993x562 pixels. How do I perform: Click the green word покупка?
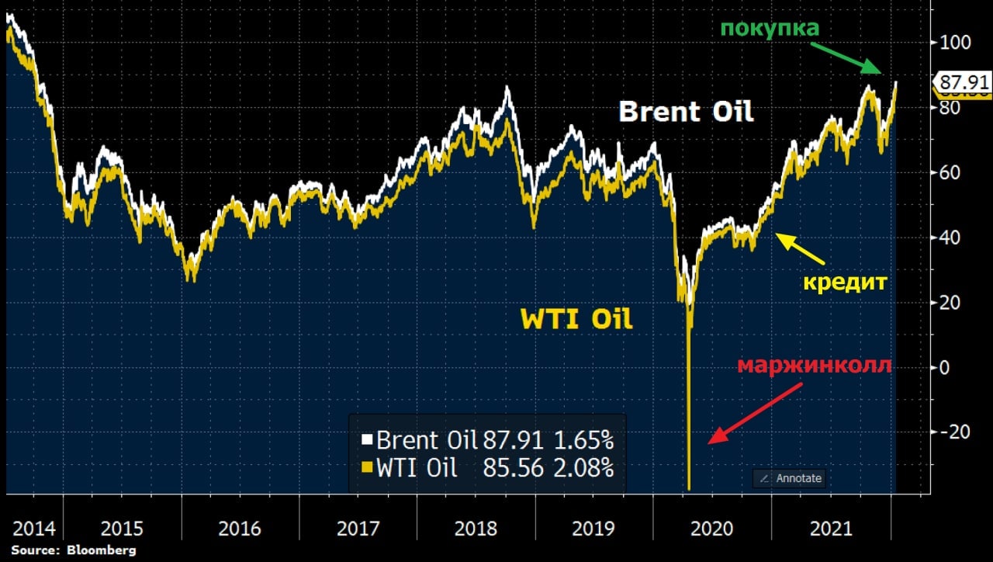coord(769,29)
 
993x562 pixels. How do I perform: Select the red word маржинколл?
coord(814,366)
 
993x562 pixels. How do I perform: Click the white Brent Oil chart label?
coord(686,112)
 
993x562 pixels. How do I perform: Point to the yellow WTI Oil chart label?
coord(576,319)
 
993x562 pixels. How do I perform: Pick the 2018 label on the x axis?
coord(476,529)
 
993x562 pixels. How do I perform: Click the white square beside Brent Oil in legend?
coord(368,441)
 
